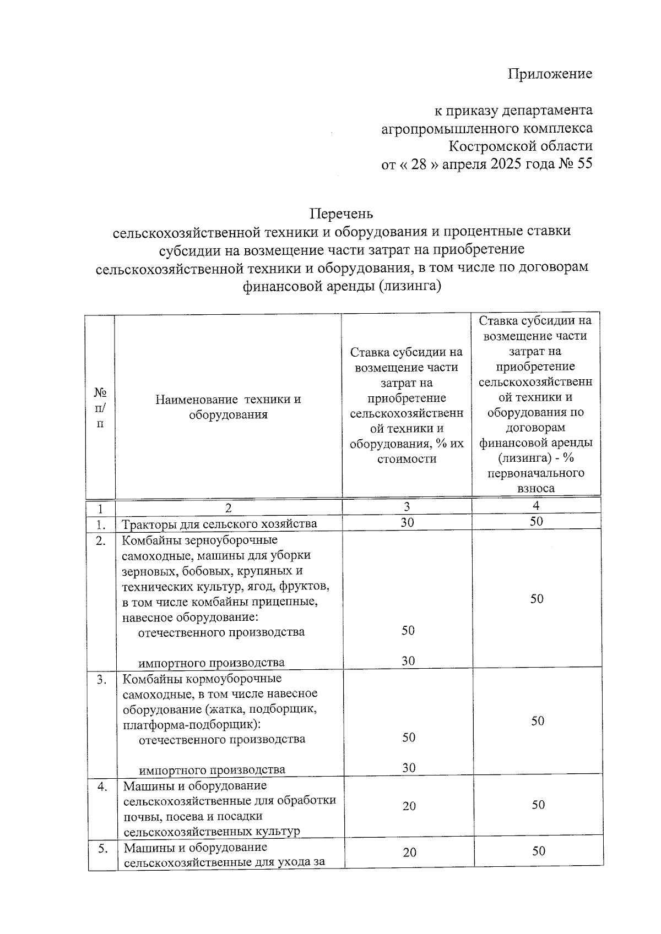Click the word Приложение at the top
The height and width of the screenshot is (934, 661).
[x=549, y=74]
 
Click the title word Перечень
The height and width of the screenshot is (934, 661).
[x=341, y=213]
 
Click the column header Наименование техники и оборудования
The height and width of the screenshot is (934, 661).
[x=228, y=407]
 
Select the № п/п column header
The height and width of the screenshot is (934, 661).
[x=100, y=407]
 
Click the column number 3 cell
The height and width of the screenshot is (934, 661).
[x=407, y=507]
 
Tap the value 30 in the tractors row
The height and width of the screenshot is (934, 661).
[x=407, y=522]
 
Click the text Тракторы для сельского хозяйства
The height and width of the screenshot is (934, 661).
[x=219, y=523]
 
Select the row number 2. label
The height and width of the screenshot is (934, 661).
[x=100, y=540]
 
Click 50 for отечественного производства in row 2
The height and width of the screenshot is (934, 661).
[x=408, y=631]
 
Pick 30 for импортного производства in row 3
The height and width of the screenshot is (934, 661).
[x=408, y=768]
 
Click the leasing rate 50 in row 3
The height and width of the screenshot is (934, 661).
[x=538, y=721]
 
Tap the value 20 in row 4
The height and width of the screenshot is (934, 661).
[x=409, y=806]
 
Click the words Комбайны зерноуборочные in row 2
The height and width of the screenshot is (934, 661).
[x=199, y=540]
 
